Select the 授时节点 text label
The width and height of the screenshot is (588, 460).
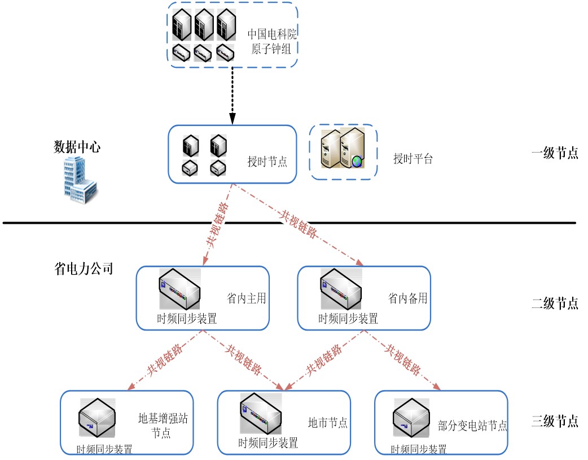(x=267, y=161)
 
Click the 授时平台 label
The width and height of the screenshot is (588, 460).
(x=413, y=159)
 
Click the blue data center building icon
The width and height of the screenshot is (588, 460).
(x=79, y=179)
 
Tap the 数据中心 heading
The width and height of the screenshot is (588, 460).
(x=77, y=147)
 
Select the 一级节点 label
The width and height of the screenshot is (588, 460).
(x=555, y=153)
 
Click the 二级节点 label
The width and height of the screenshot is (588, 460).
(x=555, y=303)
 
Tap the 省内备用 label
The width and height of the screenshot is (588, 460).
(x=407, y=298)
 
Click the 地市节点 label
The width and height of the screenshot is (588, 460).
(x=327, y=422)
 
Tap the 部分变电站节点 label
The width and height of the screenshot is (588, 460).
(x=472, y=426)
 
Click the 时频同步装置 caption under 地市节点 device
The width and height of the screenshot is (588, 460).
(x=268, y=443)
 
